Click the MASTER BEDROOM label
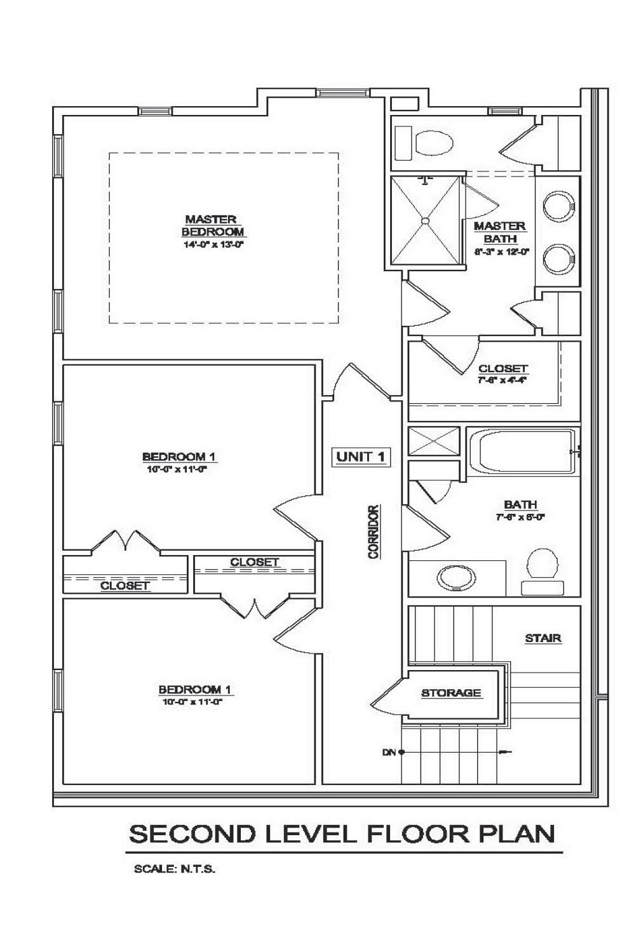point(212,225)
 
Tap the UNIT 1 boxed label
point(361,456)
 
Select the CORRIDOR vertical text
point(374,532)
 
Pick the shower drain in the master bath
point(424,220)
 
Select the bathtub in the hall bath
point(522,452)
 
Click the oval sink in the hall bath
point(457,577)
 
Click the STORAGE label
point(451,693)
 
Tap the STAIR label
point(543,638)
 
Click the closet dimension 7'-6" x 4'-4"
point(503,380)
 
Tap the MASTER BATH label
point(500,232)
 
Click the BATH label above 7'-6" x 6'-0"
point(520,504)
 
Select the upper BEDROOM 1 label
point(174,456)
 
